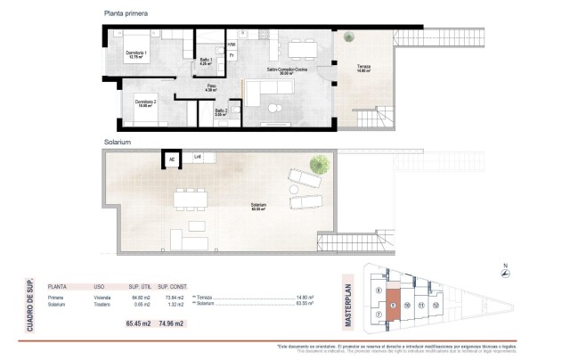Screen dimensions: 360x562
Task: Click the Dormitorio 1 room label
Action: (136, 53)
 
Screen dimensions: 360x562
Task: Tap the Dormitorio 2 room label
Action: (146, 103)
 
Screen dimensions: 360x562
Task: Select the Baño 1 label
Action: (205, 61)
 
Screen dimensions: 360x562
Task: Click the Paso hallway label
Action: (212, 87)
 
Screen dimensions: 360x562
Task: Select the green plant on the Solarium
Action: (317, 164)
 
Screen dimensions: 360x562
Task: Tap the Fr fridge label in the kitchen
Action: (232, 56)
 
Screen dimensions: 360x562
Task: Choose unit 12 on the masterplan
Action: (436, 305)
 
